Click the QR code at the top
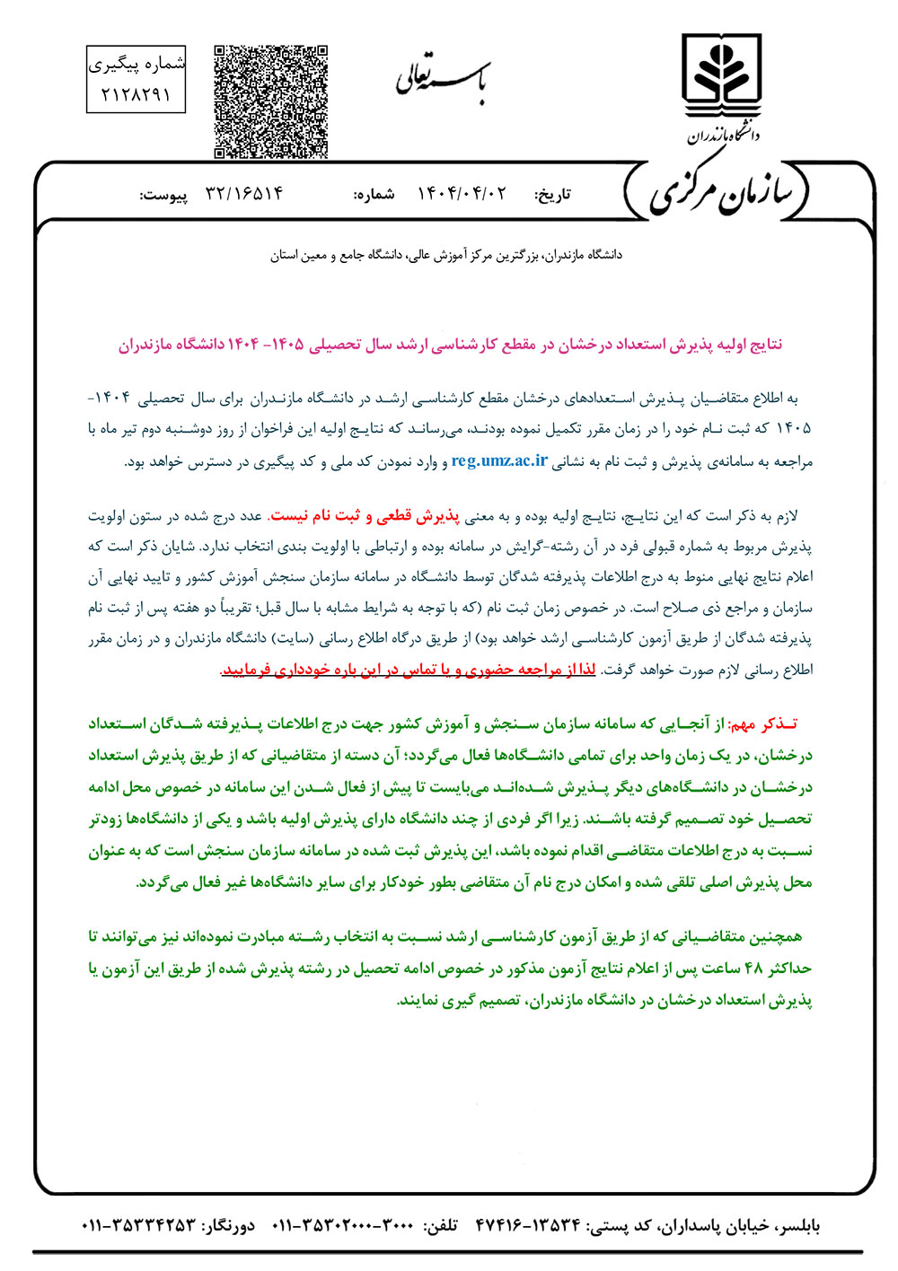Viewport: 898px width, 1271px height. tap(270, 101)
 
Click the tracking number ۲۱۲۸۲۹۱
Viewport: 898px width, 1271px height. tap(136, 94)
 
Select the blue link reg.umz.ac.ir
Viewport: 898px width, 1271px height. tap(499, 461)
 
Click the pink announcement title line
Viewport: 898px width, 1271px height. tap(450, 345)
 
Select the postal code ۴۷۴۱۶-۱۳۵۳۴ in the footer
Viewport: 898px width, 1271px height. tap(527, 1226)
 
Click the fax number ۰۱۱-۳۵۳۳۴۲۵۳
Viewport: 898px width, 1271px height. tap(139, 1226)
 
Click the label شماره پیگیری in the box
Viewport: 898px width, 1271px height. tap(136, 64)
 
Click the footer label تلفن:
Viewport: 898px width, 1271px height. tap(440, 1226)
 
